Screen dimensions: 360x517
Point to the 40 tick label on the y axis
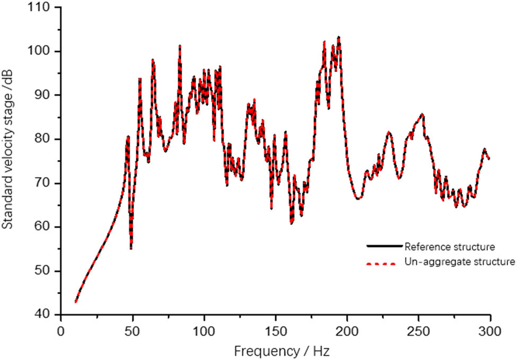click(47, 315)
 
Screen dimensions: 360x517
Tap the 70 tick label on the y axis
click(47, 183)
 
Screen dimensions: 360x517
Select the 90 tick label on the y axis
click(47, 95)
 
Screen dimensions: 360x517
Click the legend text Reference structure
click(450, 247)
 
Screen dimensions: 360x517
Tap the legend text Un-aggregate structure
click(459, 261)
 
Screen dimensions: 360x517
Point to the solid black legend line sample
click(383, 247)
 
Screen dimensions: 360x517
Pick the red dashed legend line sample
click(383, 262)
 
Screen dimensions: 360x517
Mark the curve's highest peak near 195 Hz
click(339, 37)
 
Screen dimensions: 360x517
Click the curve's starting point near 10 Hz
click(76, 302)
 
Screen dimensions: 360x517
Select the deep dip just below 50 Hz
click(131, 248)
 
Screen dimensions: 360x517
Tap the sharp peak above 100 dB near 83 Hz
click(180, 46)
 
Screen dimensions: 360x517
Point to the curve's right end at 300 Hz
click(489, 158)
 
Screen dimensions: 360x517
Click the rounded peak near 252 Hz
click(422, 114)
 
